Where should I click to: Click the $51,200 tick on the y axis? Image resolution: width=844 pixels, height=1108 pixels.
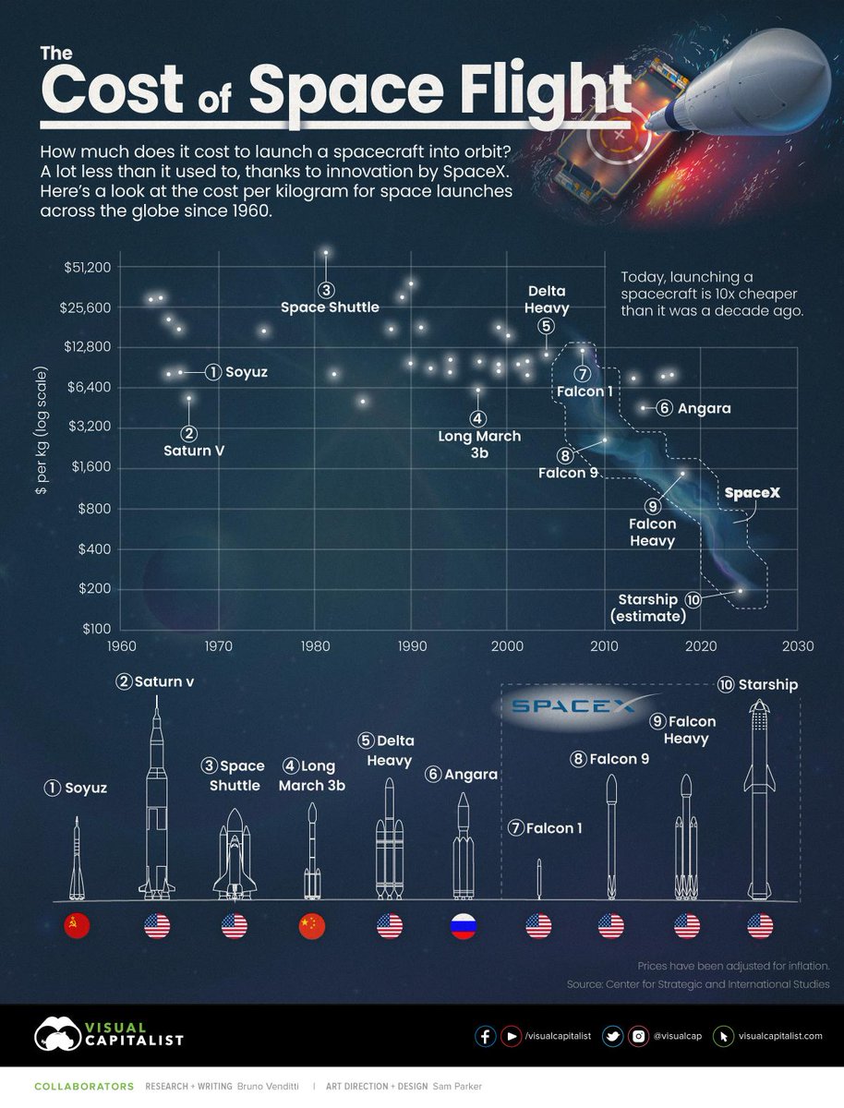[88, 267]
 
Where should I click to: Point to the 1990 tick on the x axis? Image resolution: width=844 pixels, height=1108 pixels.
[410, 646]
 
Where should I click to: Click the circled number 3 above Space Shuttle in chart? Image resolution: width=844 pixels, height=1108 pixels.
[325, 288]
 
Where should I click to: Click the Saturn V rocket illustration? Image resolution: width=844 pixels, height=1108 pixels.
[157, 803]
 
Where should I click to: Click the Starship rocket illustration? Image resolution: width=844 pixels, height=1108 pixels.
[760, 799]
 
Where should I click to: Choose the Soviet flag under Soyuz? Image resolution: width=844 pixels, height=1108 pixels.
[77, 926]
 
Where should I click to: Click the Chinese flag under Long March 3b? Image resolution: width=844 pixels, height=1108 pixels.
[313, 926]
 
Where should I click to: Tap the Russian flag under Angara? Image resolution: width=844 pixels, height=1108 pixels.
[463, 926]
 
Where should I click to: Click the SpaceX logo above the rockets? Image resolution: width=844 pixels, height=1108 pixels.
[573, 706]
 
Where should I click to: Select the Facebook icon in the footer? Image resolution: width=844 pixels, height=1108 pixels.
[485, 1036]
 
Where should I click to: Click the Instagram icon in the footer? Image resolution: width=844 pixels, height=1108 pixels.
[637, 1036]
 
